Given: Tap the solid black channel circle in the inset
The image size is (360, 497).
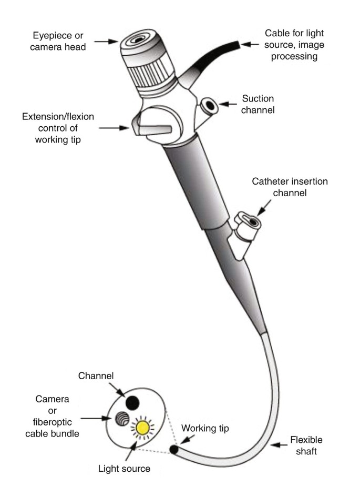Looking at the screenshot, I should coord(133,402).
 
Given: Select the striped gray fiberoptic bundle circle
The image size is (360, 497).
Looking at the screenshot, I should coord(121,419).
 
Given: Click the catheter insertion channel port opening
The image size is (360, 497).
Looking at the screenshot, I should coord(254,222).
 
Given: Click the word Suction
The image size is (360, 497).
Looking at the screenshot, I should coord(259,98).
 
